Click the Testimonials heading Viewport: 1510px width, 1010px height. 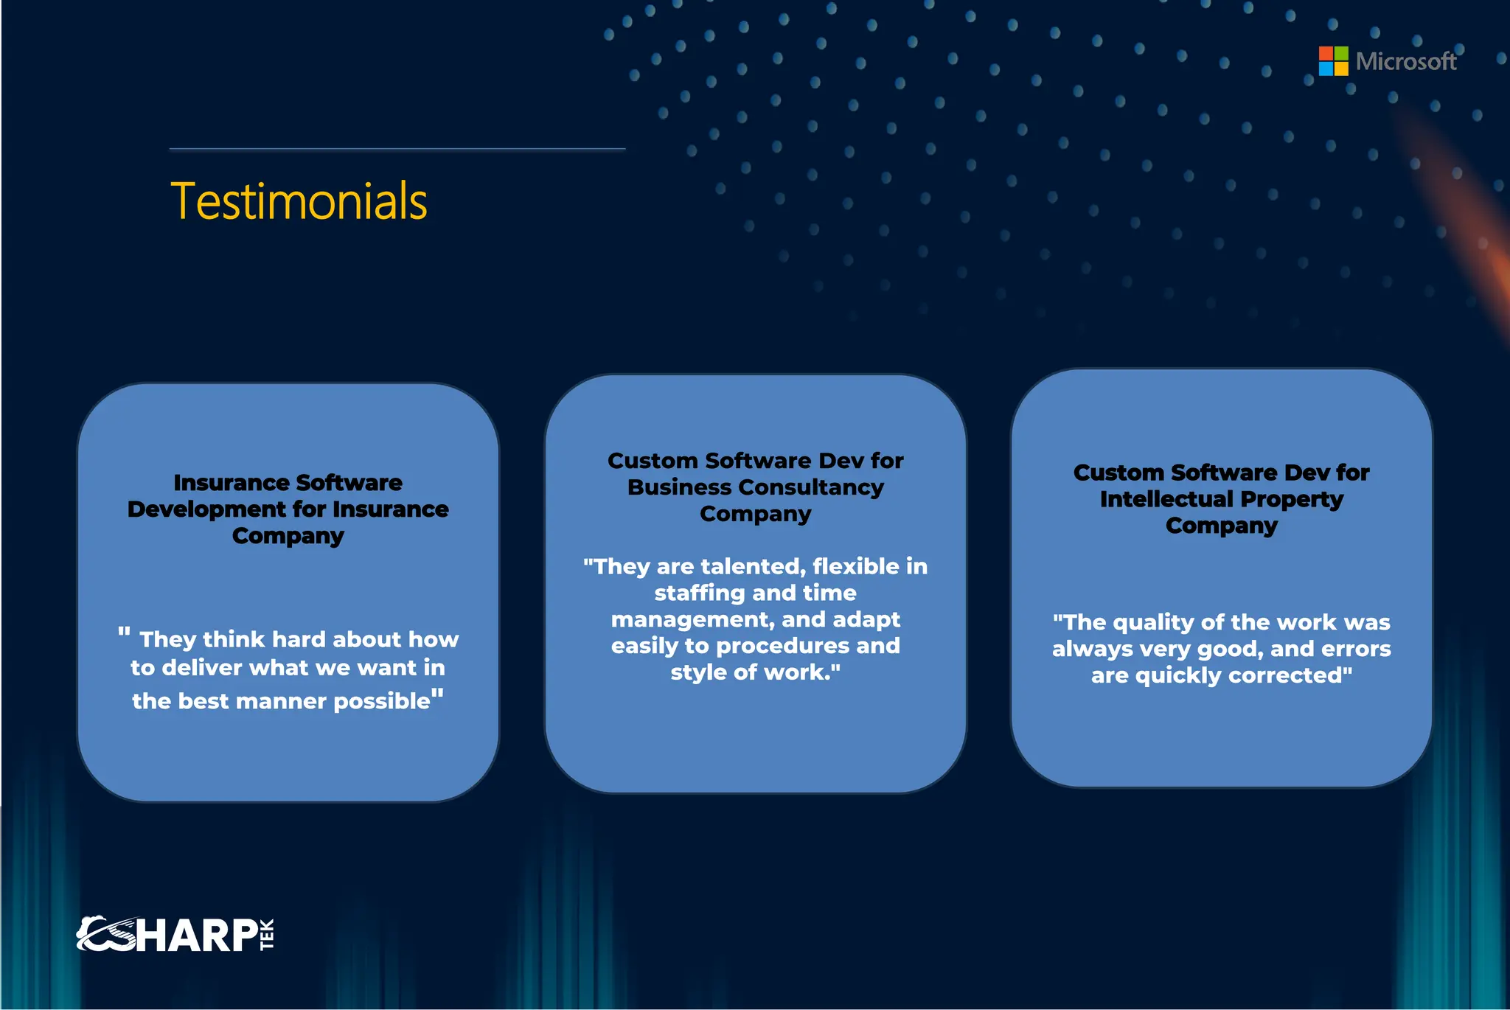tap(299, 201)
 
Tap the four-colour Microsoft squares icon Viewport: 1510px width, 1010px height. tap(1333, 61)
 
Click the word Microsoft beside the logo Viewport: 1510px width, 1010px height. tap(1405, 61)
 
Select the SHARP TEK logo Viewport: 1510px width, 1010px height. tap(175, 935)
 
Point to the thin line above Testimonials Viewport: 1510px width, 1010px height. tap(397, 149)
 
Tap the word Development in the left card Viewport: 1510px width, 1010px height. tap(206, 509)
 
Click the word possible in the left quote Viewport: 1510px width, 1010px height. tap(381, 701)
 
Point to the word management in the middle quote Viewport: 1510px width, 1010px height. tap(692, 619)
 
